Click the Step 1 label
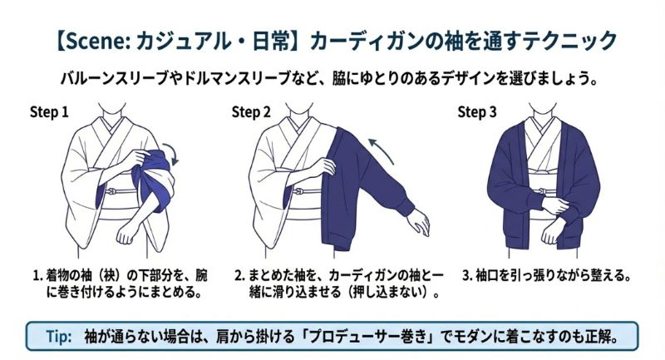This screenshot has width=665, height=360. (x=49, y=111)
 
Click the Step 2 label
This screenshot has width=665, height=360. (x=251, y=111)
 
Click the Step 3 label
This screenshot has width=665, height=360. (x=477, y=111)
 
